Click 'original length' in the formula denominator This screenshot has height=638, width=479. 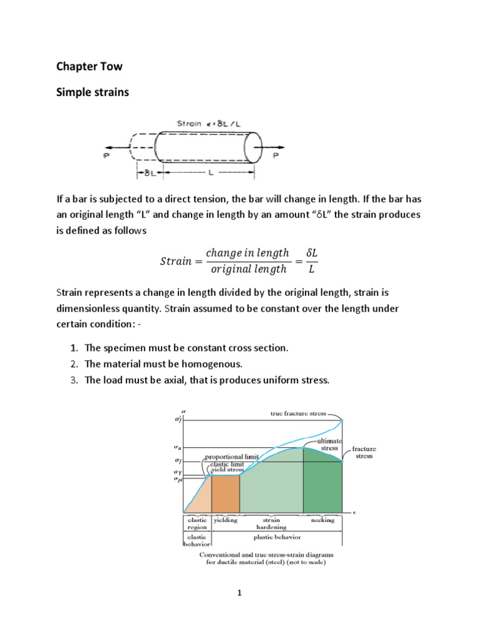coord(248,269)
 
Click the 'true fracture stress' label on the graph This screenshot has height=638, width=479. coord(298,414)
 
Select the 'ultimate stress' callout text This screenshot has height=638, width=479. coord(329,444)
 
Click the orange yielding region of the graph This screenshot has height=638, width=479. coord(225,492)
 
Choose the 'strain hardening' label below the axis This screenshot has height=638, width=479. coord(271,523)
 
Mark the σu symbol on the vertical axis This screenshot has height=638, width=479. coord(178,447)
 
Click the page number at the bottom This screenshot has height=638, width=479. coord(239,594)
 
